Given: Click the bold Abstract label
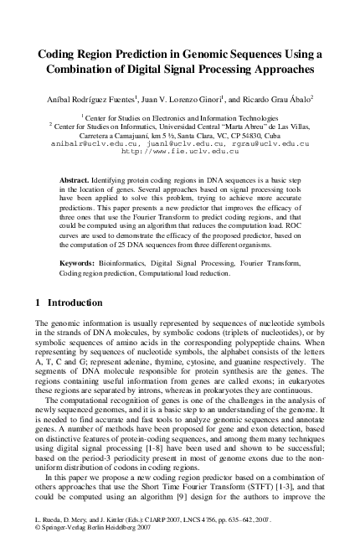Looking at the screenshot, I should (x=77, y=181).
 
